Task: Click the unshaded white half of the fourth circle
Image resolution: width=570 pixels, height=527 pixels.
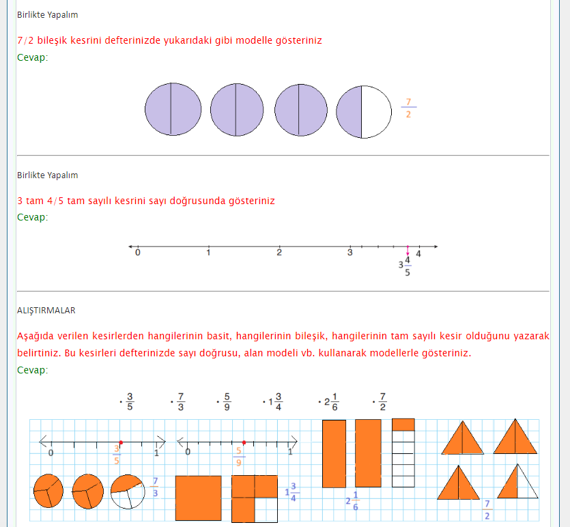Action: tap(377, 112)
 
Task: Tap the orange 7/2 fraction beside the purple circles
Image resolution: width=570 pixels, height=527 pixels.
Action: tap(409, 108)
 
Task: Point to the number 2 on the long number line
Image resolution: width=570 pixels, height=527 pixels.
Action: tap(279, 252)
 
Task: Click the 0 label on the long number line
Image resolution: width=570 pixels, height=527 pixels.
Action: tap(138, 252)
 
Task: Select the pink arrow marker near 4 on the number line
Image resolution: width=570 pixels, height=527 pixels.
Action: tap(408, 251)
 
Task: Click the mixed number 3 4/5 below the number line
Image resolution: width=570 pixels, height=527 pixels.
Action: tap(405, 266)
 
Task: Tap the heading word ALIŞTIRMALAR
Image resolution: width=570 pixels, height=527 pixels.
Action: tap(46, 311)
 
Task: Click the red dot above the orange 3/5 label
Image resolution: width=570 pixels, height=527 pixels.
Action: tap(121, 442)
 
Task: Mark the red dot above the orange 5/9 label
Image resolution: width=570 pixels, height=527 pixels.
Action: tap(244, 442)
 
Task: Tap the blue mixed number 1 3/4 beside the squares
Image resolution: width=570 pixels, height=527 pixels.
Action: tap(292, 492)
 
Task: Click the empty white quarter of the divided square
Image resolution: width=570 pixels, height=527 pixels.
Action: tap(266, 509)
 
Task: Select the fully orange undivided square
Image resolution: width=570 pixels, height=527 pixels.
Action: tap(199, 498)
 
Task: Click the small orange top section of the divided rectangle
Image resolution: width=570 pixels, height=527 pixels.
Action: tap(403, 425)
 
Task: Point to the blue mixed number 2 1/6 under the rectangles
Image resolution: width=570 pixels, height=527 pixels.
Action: tap(352, 501)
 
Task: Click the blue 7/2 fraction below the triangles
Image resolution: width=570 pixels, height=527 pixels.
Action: tap(487, 509)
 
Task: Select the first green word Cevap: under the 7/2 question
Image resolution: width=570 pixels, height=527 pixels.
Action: tap(32, 57)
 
